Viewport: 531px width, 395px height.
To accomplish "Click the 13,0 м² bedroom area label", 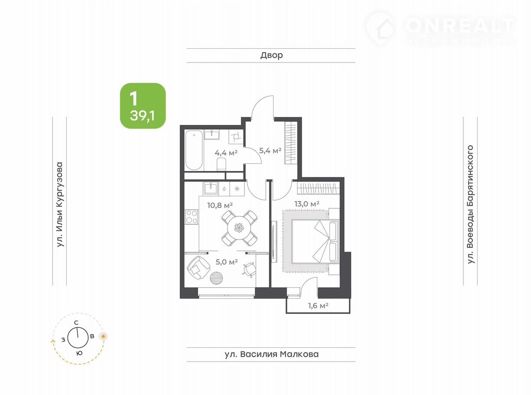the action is [x=307, y=204].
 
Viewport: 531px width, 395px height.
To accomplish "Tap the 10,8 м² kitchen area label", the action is [x=220, y=205].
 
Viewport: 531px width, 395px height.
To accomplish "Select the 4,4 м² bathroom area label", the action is [x=226, y=152].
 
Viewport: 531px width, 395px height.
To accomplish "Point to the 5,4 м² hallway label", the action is [x=270, y=151].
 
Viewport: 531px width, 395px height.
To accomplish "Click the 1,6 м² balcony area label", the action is [x=318, y=306].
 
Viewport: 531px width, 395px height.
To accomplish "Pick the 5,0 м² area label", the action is [x=227, y=262].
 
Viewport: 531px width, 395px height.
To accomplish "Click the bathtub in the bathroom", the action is [x=194, y=150].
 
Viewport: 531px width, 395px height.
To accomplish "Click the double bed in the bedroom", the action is [x=315, y=241].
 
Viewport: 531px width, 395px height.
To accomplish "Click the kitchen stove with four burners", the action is [x=191, y=217].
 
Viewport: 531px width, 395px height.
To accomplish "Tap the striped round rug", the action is [x=216, y=278].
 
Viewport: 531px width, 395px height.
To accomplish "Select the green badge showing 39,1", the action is [x=143, y=106].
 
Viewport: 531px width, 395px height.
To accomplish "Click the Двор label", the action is [x=271, y=55].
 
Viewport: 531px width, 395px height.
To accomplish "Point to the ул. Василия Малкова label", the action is [x=272, y=354].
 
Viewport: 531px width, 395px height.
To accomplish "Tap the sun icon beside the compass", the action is [x=103, y=336].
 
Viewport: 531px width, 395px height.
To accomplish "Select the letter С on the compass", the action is [x=76, y=323].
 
